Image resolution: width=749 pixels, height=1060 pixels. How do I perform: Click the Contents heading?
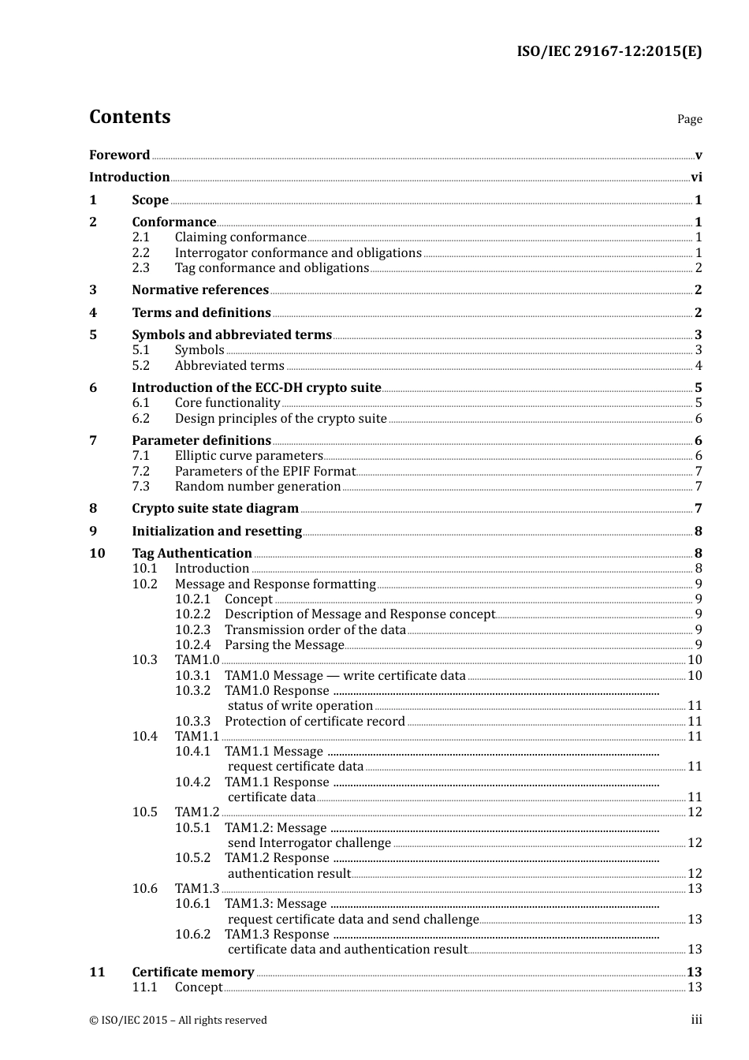[129, 117]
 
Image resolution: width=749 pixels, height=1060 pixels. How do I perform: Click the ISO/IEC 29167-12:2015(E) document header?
[609, 52]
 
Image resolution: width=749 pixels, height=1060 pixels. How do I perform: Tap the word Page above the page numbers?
[689, 119]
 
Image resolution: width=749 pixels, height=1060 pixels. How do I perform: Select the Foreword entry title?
[119, 155]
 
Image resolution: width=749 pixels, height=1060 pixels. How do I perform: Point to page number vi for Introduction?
[696, 177]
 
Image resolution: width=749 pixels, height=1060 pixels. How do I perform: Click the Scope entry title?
[150, 200]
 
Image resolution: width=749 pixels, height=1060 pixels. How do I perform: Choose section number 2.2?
[140, 253]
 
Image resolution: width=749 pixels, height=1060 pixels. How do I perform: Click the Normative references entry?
[200, 290]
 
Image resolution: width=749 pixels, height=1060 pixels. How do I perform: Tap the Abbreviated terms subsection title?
[229, 366]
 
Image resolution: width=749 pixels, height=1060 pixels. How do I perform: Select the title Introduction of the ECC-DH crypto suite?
[256, 388]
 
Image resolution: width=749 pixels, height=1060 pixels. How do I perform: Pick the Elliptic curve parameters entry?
[248, 456]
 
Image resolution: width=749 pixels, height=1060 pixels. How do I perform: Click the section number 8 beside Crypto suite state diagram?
[93, 509]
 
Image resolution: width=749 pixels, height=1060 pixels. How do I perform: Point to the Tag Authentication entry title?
[192, 554]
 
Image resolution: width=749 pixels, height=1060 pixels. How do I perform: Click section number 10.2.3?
[193, 630]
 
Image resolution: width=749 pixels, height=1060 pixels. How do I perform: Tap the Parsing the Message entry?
[284, 645]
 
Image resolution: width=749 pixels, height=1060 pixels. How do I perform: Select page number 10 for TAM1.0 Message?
[695, 676]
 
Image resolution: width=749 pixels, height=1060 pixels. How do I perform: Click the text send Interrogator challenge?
[309, 843]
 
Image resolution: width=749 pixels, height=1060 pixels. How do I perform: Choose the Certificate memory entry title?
[193, 972]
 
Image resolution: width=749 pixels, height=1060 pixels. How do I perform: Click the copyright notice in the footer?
[178, 1021]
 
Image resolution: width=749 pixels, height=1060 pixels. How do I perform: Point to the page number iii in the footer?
[696, 1021]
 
